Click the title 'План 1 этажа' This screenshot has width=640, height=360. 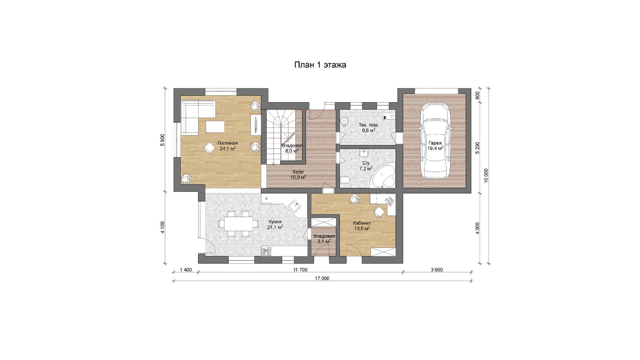pos(320,65)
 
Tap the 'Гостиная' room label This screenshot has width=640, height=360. pos(228,143)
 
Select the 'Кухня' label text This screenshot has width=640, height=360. pos(275,222)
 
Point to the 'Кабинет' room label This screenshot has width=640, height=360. pos(362,223)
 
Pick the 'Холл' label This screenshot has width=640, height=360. pos(298,172)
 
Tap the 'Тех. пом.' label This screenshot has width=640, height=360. pos(369,125)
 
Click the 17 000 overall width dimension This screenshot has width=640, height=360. pos(322,278)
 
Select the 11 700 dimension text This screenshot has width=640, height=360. pos(300,270)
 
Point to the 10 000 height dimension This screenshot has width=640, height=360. pos(486,175)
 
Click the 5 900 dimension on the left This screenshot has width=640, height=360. pos(163,140)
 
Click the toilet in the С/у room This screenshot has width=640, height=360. pos(345,180)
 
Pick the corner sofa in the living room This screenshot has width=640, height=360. pos(197,117)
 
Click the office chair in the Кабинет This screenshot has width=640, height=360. pos(379,212)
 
